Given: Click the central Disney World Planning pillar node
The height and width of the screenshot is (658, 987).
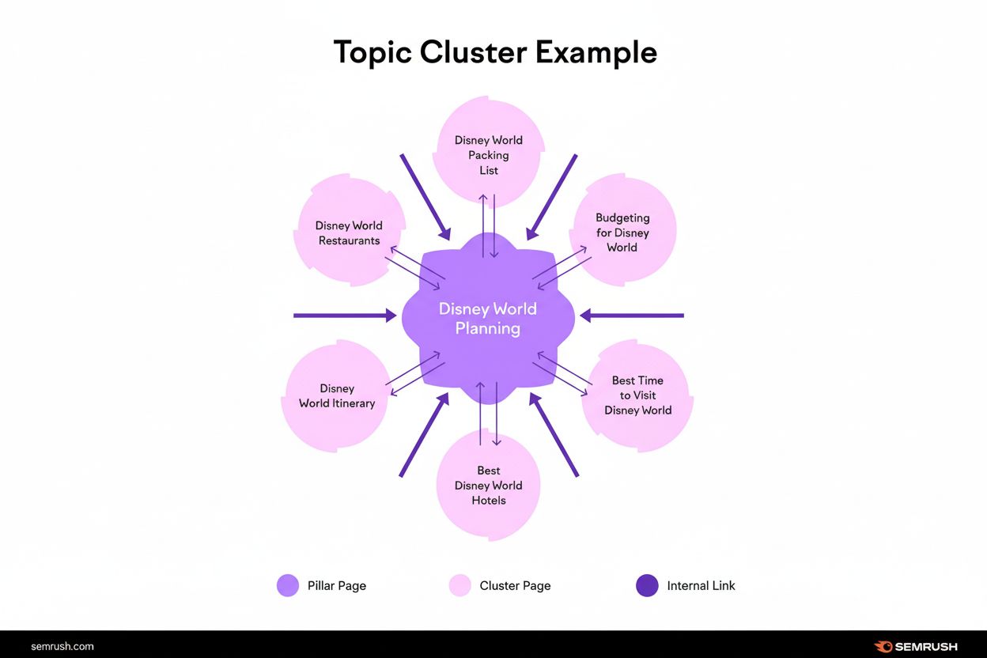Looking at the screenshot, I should [488, 318].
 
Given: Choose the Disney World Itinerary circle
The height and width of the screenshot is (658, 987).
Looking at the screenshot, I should [337, 396].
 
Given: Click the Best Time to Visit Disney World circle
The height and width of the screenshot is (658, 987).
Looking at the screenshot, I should [637, 395].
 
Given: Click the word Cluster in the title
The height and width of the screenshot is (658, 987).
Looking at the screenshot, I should [473, 52].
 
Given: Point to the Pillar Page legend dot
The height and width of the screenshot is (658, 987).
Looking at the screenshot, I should [288, 585].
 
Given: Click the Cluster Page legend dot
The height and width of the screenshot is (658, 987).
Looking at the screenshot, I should [460, 585].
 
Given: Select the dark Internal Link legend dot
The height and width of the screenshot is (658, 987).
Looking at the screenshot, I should [647, 585].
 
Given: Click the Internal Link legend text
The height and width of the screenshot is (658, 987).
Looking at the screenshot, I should [701, 586].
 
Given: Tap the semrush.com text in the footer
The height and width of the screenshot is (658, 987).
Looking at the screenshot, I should [62, 646].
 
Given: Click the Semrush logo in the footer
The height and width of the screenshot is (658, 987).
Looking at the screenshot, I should [916, 646].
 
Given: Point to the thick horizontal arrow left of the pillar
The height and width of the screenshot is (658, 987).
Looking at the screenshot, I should [345, 316].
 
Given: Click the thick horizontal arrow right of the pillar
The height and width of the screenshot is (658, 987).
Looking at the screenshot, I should [632, 316].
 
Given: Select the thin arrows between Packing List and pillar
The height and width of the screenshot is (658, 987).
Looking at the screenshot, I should [488, 224].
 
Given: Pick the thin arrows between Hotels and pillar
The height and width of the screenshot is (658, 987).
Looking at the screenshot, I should [488, 413].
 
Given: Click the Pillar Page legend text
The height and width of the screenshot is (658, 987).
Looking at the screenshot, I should [337, 586].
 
